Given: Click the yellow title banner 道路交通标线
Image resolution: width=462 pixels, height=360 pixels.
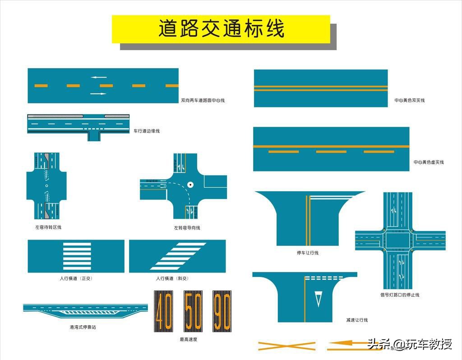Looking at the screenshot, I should click(x=221, y=29).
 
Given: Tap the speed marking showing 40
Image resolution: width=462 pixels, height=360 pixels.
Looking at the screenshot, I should click(x=163, y=310).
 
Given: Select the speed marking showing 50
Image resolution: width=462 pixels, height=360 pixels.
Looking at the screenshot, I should click(x=193, y=310).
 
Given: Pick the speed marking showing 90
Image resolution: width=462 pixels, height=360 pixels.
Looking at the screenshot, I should click(x=222, y=310).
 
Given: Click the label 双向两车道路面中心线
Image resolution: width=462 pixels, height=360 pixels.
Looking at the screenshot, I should click(x=203, y=101).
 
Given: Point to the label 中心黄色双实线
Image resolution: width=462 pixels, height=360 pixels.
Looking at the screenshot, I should click(x=409, y=101).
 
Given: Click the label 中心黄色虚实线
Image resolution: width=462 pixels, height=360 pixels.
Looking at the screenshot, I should click(x=429, y=162).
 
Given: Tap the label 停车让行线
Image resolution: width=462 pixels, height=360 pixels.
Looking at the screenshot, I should click(x=308, y=253).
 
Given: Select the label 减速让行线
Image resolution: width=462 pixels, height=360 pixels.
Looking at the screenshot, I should click(x=357, y=320).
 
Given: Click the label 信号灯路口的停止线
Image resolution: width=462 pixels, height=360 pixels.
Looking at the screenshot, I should click(x=400, y=295).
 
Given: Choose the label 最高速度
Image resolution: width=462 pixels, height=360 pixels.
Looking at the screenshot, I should click(x=189, y=339).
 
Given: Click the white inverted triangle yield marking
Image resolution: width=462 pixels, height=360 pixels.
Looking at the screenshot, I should click(x=319, y=299).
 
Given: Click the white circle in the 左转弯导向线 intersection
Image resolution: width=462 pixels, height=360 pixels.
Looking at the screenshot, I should click(x=191, y=185).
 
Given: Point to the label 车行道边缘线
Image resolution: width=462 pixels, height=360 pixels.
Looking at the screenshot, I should click(x=146, y=131).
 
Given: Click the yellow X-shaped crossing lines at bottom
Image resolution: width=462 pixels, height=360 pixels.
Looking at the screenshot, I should click(x=286, y=346).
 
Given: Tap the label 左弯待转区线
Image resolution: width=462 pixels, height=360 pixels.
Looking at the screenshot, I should click(x=48, y=227).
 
